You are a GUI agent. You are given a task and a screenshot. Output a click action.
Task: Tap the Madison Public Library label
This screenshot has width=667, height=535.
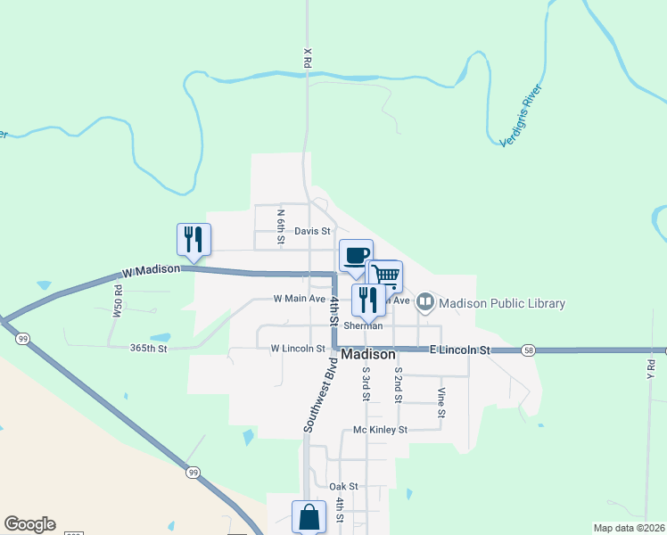pyautogui.click(x=502, y=303)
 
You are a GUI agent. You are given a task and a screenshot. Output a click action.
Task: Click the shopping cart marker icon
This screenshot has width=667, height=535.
pyautogui.click(x=385, y=275)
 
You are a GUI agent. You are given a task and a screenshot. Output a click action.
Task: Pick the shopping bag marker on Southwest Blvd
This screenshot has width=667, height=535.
pyautogui.click(x=309, y=516)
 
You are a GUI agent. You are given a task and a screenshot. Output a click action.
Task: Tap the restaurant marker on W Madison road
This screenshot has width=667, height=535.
pyautogui.click(x=194, y=239)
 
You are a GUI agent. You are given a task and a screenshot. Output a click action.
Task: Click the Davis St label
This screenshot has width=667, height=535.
pyautogui.click(x=312, y=231)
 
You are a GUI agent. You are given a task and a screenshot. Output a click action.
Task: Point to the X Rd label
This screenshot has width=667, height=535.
pyautogui.click(x=307, y=59)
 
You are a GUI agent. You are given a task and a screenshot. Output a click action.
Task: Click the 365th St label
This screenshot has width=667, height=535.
pyautogui.click(x=149, y=349)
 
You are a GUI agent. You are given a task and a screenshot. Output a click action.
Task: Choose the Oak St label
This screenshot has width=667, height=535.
pyautogui.click(x=343, y=486)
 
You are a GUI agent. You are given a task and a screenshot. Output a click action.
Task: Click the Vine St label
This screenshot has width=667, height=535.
pyautogui.click(x=441, y=403)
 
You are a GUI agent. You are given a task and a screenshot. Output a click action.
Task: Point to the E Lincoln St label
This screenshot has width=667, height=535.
pyautogui.click(x=461, y=351)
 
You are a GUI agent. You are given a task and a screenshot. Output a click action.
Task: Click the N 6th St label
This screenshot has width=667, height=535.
pyautogui.click(x=280, y=226)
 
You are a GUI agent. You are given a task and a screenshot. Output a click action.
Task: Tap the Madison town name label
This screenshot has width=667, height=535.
pyautogui.click(x=368, y=354)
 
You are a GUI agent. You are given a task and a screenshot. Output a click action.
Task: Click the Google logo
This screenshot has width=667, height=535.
pyautogui.click(x=29, y=524)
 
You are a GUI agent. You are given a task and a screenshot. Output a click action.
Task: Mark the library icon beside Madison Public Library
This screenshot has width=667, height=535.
pyautogui.click(x=425, y=302)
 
